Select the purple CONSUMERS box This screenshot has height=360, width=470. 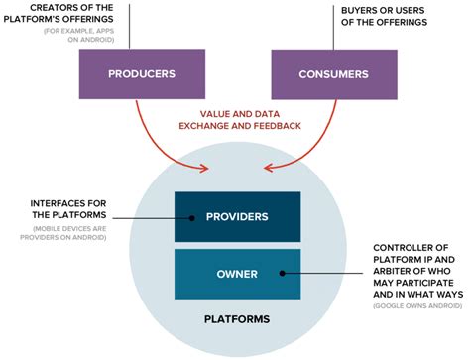coord(332,74)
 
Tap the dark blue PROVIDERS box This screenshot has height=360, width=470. coord(237,216)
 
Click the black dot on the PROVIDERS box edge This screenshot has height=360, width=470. coord(176,217)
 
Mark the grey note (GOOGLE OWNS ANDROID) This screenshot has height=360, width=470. coord(414,307)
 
